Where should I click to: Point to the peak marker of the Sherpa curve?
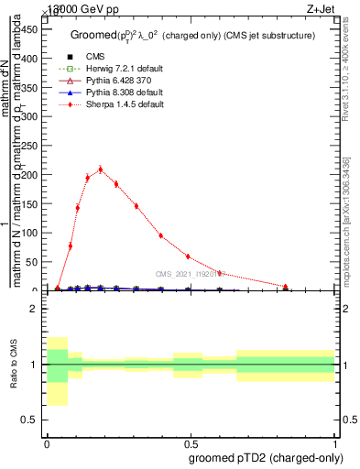click(101, 169)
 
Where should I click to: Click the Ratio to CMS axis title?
click(13, 365)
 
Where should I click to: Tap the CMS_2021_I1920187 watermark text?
click(188, 273)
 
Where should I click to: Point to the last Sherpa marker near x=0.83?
click(288, 289)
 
